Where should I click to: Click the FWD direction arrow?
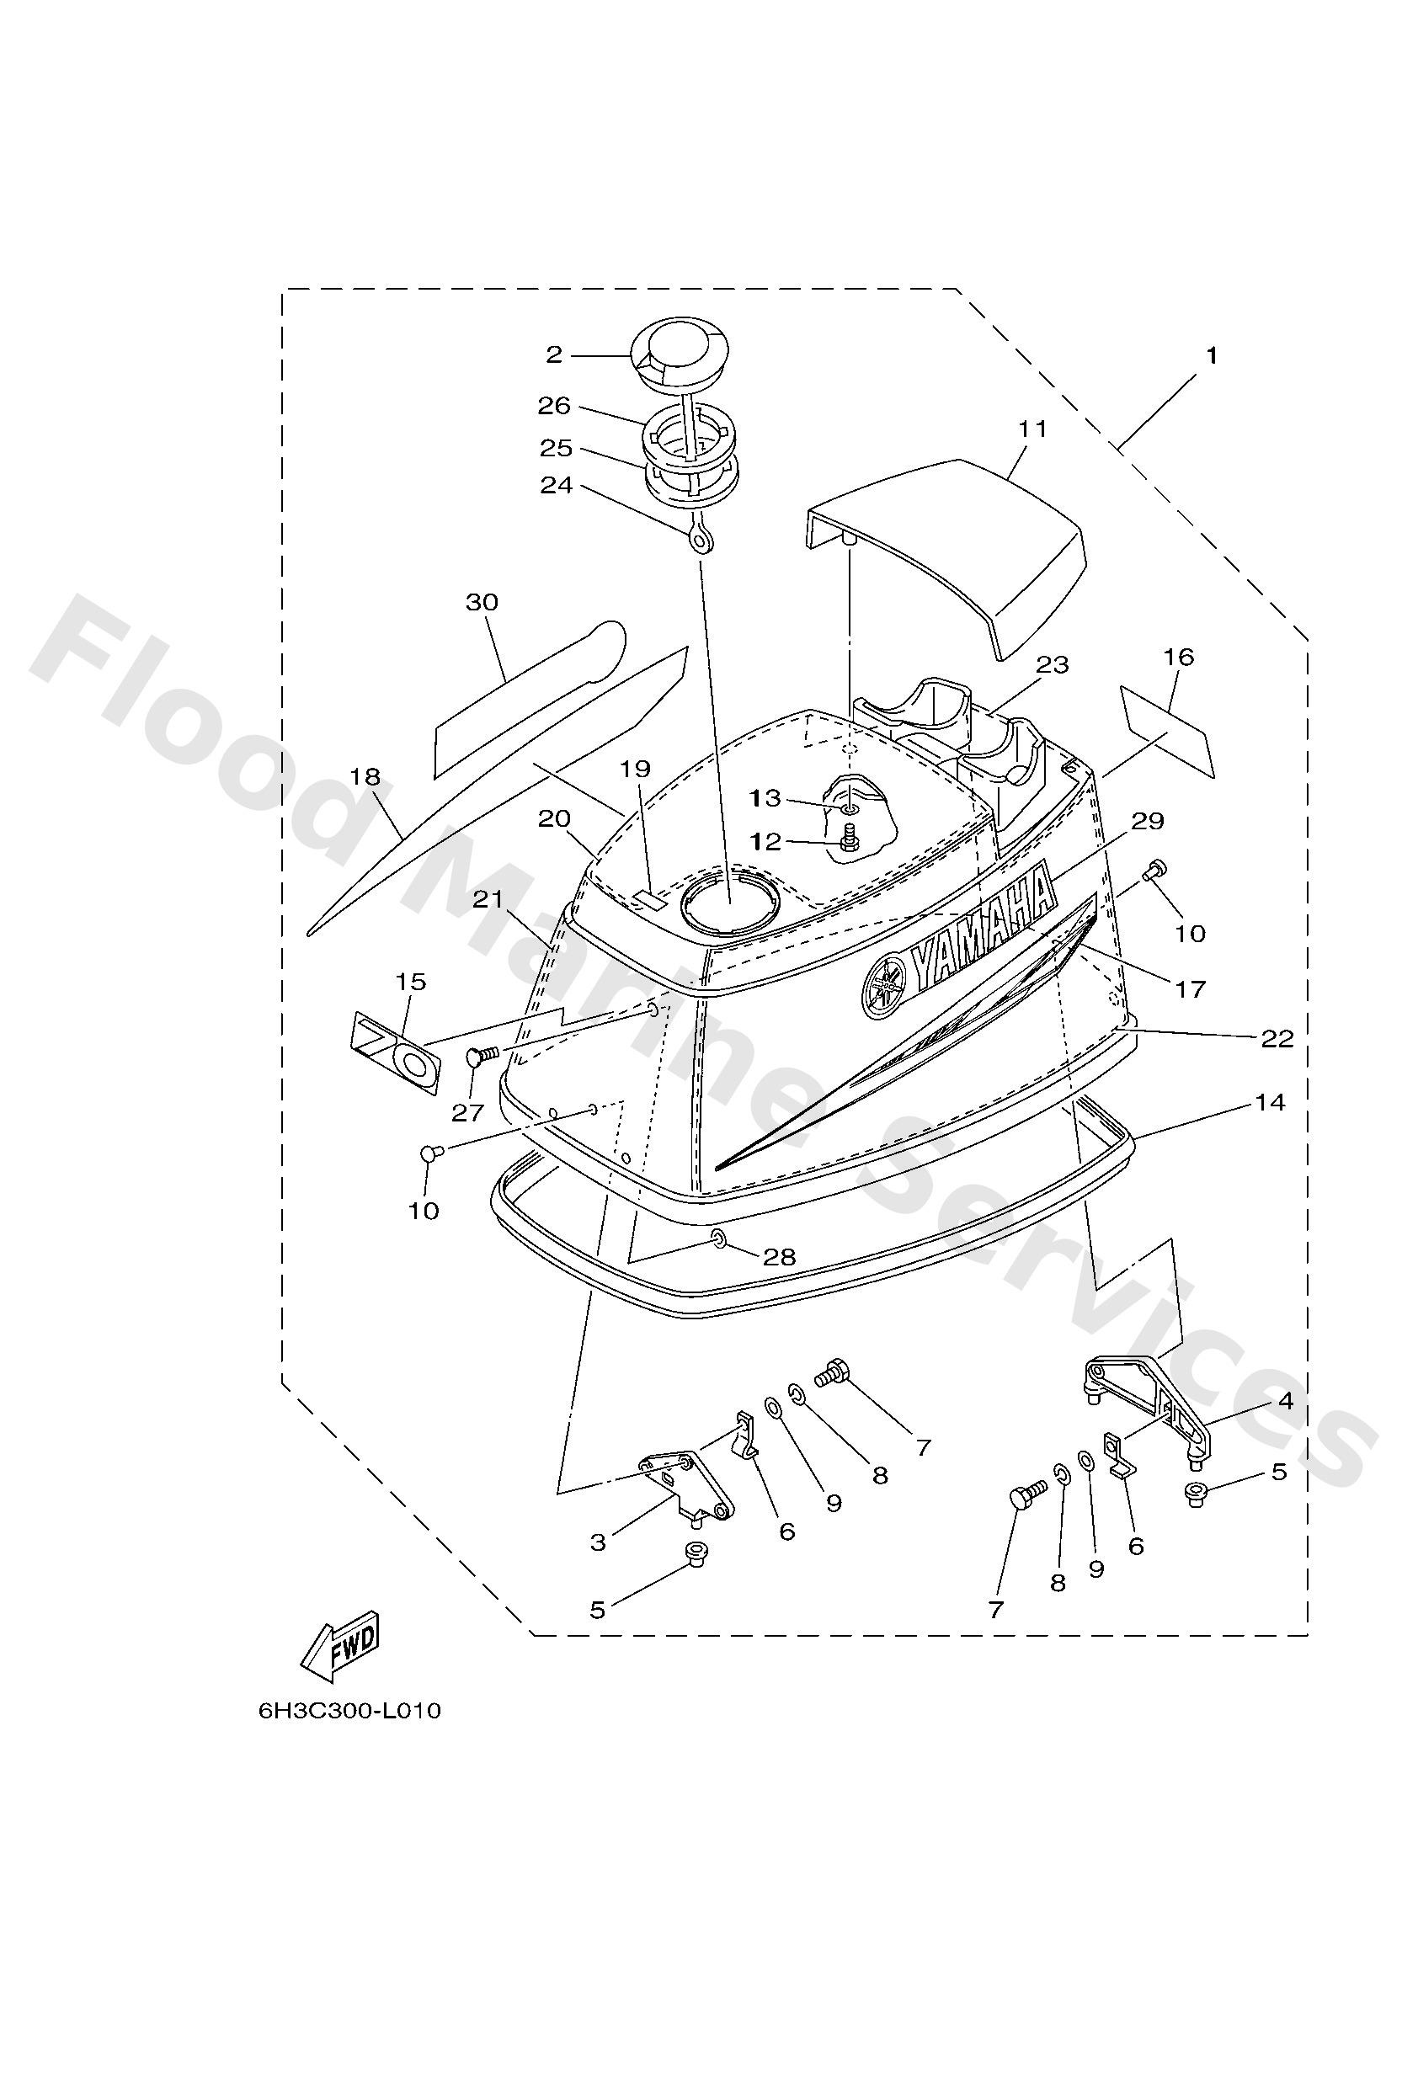[340, 1648]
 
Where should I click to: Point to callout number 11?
[1032, 429]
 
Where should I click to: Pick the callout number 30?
[482, 602]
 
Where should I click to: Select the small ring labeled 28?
[719, 1240]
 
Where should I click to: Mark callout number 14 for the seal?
[1270, 1101]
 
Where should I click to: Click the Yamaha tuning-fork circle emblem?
[885, 986]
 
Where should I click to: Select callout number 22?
[1276, 1040]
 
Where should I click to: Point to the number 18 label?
[365, 776]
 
